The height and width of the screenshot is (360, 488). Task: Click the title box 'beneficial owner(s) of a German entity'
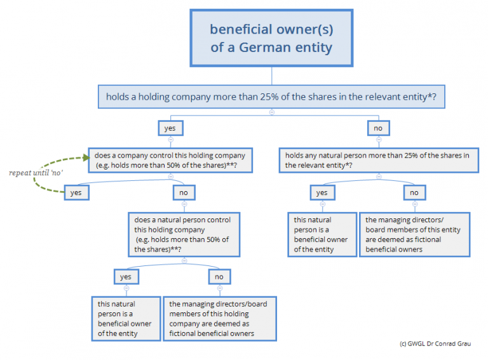click(271, 39)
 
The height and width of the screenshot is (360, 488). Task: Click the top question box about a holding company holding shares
click(271, 97)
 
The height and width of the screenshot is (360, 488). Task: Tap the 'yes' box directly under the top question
click(170, 128)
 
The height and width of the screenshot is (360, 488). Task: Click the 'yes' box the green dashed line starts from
click(76, 192)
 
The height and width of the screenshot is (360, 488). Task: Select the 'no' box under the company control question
click(184, 192)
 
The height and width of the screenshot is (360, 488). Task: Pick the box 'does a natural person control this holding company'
click(184, 235)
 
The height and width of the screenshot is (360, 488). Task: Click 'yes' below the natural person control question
click(126, 276)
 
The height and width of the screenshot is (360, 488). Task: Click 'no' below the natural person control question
click(219, 276)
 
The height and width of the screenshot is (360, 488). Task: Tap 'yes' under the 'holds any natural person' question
click(322, 192)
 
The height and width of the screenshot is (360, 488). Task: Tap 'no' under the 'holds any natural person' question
click(414, 192)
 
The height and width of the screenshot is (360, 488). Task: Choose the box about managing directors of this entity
click(414, 234)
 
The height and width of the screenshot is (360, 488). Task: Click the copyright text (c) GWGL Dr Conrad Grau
click(434, 343)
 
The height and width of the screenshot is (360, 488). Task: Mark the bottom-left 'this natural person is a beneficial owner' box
click(125, 319)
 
